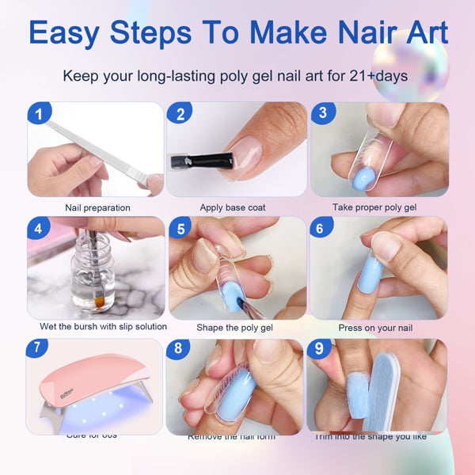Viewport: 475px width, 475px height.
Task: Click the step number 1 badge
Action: pos(37,114)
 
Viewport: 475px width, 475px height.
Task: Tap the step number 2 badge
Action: pos(180,114)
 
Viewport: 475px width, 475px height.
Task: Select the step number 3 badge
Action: pos(321,112)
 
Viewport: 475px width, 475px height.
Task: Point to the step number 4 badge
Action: pos(37,230)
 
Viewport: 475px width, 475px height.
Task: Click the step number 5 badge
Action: pos(180,230)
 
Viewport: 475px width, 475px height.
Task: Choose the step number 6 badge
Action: pos(320,229)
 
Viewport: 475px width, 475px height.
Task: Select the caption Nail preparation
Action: pos(97,207)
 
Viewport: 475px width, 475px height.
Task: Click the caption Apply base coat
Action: pos(233,207)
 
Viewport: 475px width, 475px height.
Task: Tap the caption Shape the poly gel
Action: pos(234,327)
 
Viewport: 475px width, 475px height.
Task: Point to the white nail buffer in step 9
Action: pos(411,392)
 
